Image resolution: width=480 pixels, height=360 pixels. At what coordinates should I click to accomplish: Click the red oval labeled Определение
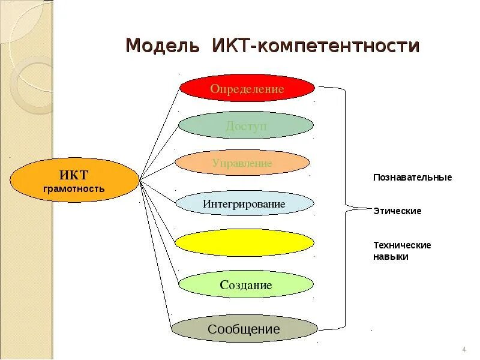247,89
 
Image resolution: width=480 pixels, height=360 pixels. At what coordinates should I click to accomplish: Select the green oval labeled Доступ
246,125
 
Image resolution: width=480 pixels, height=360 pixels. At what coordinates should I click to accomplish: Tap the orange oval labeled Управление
242,163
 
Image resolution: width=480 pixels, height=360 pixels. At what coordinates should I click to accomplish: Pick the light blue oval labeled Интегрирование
245,204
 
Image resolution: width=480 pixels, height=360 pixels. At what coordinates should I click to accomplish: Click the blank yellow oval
244,242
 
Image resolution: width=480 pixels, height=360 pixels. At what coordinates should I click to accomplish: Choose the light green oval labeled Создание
246,285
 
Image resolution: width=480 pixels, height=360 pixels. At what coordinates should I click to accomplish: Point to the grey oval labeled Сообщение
244,329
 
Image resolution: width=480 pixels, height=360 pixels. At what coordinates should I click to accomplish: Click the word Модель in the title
163,46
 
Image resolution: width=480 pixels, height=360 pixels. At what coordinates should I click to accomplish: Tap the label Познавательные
412,178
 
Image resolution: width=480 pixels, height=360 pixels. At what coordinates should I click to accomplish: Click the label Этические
397,211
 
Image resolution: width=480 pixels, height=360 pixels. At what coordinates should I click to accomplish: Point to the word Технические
402,245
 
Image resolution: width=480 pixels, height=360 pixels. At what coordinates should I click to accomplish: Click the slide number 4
464,350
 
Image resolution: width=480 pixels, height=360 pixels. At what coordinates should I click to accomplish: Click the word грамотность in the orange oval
74,189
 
